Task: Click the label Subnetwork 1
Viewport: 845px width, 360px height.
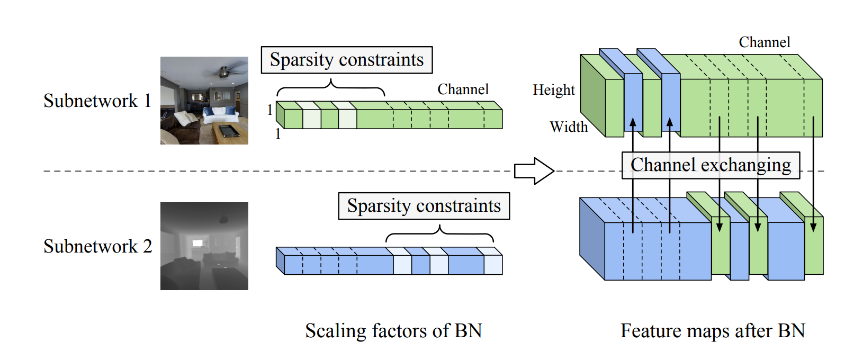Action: pyautogui.click(x=97, y=101)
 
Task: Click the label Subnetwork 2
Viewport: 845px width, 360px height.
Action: pyautogui.click(x=98, y=246)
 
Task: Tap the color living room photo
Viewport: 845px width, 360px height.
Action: pyautogui.click(x=204, y=101)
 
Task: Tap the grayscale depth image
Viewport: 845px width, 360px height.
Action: pyautogui.click(x=204, y=246)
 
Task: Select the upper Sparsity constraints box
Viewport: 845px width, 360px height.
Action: pyautogui.click(x=347, y=60)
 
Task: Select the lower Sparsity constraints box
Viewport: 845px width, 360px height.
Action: pyautogui.click(x=424, y=206)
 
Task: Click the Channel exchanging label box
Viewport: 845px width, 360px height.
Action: pyautogui.click(x=711, y=165)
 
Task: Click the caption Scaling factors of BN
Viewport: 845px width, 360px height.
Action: pyautogui.click(x=393, y=331)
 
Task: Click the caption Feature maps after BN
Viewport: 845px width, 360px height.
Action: pyautogui.click(x=713, y=331)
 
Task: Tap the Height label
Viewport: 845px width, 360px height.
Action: pyautogui.click(x=554, y=90)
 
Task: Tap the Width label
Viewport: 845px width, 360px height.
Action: pyautogui.click(x=569, y=127)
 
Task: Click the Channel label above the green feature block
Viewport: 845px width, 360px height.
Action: pyautogui.click(x=765, y=42)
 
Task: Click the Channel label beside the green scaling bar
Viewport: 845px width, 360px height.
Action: pyautogui.click(x=463, y=89)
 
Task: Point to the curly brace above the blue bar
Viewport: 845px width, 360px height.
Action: pyautogui.click(x=439, y=233)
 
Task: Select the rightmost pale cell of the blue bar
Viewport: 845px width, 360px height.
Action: pyautogui.click(x=493, y=265)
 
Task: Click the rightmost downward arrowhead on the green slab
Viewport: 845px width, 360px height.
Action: pyautogui.click(x=813, y=227)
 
